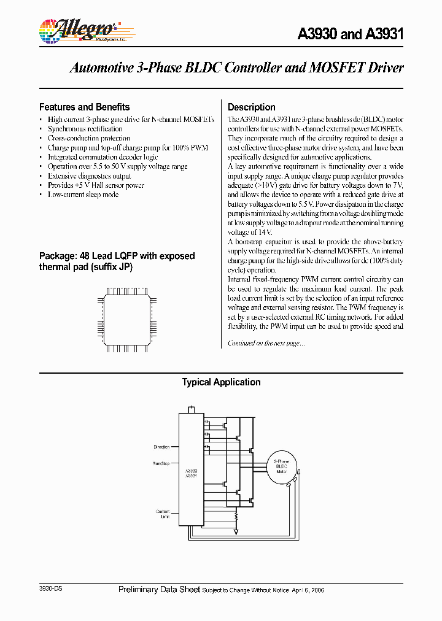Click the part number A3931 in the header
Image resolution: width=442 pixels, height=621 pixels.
coord(385,35)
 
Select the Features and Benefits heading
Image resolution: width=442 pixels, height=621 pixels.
coord(84,107)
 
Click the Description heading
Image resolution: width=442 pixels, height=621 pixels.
coord(251,107)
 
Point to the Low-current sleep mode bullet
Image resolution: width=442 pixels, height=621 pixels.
coord(83,195)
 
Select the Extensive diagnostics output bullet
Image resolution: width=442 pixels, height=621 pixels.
coord(89,175)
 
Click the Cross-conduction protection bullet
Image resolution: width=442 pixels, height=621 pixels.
coord(89,138)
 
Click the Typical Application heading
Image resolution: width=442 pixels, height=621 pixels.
coord(221,382)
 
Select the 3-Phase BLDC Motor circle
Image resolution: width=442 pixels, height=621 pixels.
coord(281,466)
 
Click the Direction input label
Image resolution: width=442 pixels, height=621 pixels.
coord(161,447)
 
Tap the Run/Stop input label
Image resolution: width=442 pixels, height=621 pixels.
coord(161,463)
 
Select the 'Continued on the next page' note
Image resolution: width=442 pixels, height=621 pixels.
coord(266,343)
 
